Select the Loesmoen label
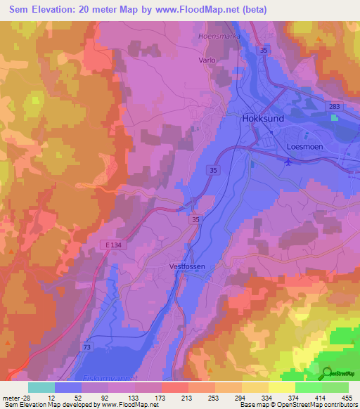(x=307, y=147)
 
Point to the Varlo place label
(x=207, y=60)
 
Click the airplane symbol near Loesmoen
(x=288, y=162)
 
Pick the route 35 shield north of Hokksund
(x=263, y=51)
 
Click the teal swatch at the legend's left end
(x=41, y=387)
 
